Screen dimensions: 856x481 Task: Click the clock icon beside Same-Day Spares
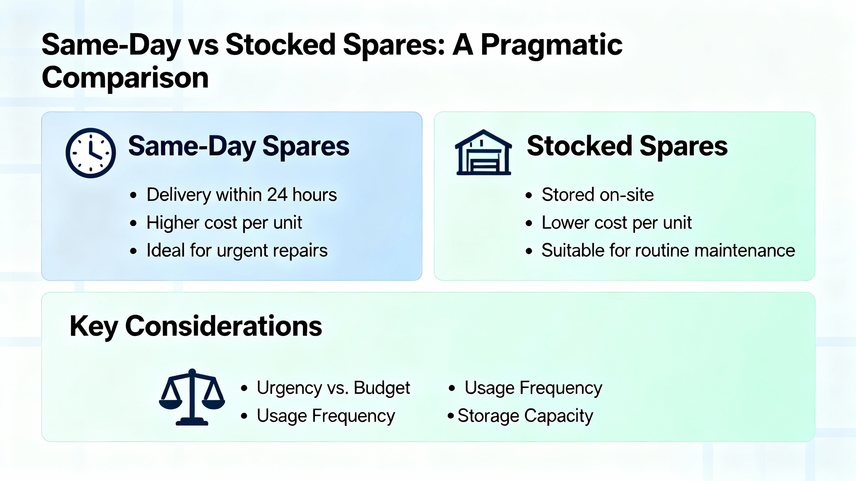pyautogui.click(x=91, y=153)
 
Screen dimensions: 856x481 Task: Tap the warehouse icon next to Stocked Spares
pyautogui.click(x=484, y=152)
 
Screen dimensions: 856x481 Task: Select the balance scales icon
pyautogui.click(x=192, y=397)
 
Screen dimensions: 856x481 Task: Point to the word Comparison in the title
pyautogui.click(x=125, y=77)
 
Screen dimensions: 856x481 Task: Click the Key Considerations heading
pyautogui.click(x=196, y=326)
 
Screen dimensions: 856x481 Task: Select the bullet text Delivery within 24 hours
pyautogui.click(x=242, y=195)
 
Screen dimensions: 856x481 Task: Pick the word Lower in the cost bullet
pyautogui.click(x=565, y=222)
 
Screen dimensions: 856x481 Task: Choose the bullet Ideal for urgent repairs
pyautogui.click(x=237, y=251)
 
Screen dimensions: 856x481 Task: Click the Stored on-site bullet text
pyautogui.click(x=598, y=195)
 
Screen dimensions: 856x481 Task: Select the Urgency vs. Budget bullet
pyautogui.click(x=333, y=388)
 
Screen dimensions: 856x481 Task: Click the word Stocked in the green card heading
pyautogui.click(x=579, y=146)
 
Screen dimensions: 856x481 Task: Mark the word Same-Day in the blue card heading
pyautogui.click(x=192, y=147)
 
